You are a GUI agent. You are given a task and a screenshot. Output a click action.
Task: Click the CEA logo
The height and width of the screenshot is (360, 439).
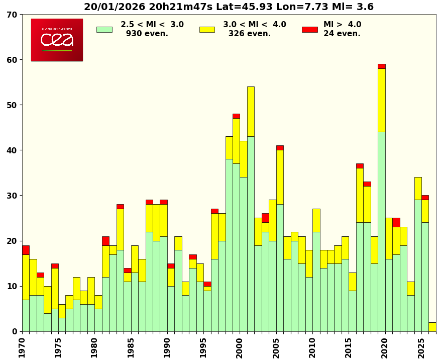pyautogui.click(x=57, y=40)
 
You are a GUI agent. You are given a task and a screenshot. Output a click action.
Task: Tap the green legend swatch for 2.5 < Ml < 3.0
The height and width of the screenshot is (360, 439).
pyautogui.click(x=104, y=30)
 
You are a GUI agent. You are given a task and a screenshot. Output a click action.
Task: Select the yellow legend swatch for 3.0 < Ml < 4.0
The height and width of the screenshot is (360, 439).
pyautogui.click(x=207, y=30)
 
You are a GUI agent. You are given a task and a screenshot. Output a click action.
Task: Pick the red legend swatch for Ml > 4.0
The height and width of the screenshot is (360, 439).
pyautogui.click(x=309, y=30)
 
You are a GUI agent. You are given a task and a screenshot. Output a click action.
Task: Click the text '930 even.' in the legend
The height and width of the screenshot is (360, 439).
pyautogui.click(x=147, y=34)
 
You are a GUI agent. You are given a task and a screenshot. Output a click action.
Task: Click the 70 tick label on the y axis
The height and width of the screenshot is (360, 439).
pyautogui.click(x=12, y=15)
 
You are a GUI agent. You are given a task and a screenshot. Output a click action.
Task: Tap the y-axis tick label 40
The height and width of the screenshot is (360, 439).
pyautogui.click(x=12, y=150)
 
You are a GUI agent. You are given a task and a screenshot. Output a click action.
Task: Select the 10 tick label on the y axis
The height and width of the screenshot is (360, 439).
pyautogui.click(x=12, y=286)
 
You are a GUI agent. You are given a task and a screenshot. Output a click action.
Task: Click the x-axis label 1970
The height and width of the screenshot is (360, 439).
pyautogui.click(x=22, y=347)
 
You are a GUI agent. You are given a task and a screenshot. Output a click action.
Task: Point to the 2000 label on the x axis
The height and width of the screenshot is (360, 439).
pyautogui.click(x=240, y=347)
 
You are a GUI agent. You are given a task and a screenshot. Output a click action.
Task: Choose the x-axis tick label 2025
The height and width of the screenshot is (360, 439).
pyautogui.click(x=421, y=347)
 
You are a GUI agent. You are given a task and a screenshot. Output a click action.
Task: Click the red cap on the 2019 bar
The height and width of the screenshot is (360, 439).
pyautogui.click(x=382, y=66)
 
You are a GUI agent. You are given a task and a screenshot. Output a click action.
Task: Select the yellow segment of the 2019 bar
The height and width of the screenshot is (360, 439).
pyautogui.click(x=382, y=100)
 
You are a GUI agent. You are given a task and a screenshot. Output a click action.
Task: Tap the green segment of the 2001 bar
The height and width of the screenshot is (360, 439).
pyautogui.click(x=251, y=234)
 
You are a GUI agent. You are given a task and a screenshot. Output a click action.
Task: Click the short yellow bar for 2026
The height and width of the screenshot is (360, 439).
pyautogui.click(x=432, y=327)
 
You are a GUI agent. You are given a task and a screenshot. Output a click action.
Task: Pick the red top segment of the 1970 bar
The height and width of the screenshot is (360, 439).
pyautogui.click(x=26, y=250)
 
